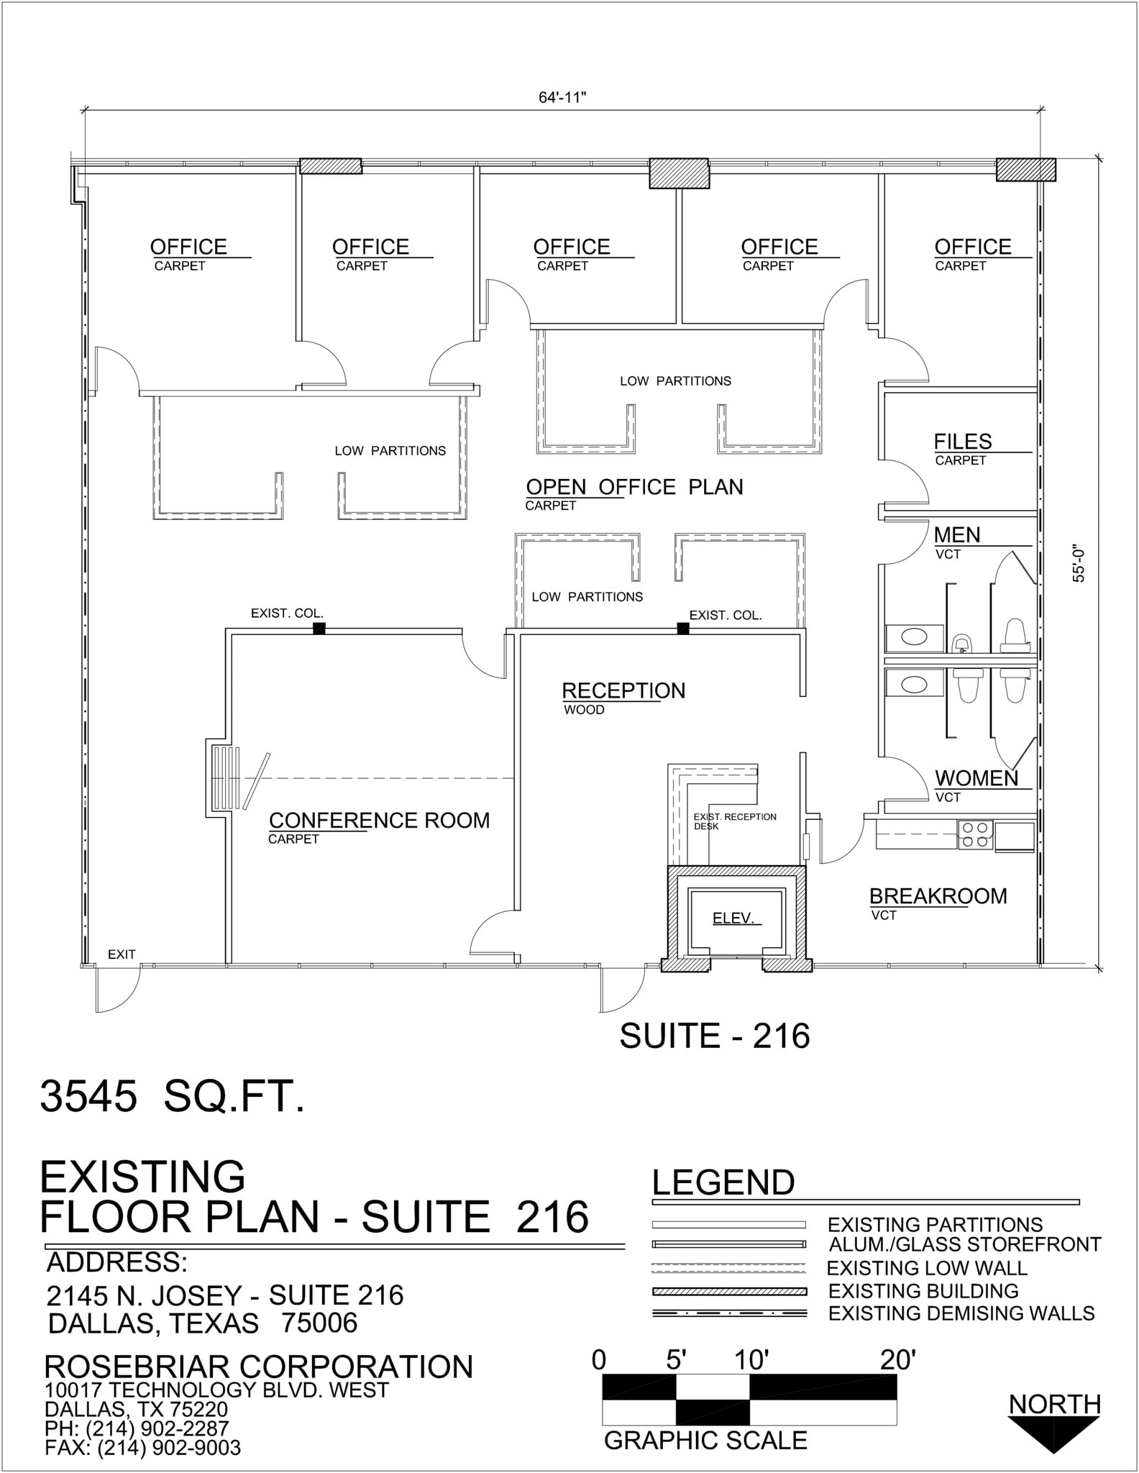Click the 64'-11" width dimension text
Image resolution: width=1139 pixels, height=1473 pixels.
click(x=562, y=98)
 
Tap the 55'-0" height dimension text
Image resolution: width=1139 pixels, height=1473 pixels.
click(x=1078, y=563)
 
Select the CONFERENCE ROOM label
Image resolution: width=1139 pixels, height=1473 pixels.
click(x=379, y=821)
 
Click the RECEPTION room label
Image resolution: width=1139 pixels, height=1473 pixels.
click(x=623, y=690)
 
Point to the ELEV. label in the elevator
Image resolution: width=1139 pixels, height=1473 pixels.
click(x=733, y=918)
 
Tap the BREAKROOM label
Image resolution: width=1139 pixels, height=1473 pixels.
click(x=938, y=896)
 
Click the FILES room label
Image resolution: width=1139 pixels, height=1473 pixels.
click(x=962, y=442)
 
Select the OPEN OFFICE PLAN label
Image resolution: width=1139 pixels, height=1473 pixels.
click(x=634, y=487)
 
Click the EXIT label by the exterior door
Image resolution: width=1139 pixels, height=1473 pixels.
click(x=122, y=954)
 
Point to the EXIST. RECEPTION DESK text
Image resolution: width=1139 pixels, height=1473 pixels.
click(x=733, y=821)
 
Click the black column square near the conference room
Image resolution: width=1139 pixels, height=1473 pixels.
click(x=319, y=629)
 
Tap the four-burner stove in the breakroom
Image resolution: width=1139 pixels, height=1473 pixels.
click(x=975, y=834)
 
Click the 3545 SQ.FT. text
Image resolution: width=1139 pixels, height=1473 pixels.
click(x=173, y=1098)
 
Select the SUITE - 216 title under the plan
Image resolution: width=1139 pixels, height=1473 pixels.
click(x=714, y=1036)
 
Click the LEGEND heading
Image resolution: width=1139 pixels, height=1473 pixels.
click(x=723, y=1183)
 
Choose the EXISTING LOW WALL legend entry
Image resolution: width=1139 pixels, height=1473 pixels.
click(x=926, y=1268)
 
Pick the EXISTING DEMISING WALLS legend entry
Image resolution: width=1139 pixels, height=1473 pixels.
click(x=961, y=1313)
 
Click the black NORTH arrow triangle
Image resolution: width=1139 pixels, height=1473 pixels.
click(x=1053, y=1434)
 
